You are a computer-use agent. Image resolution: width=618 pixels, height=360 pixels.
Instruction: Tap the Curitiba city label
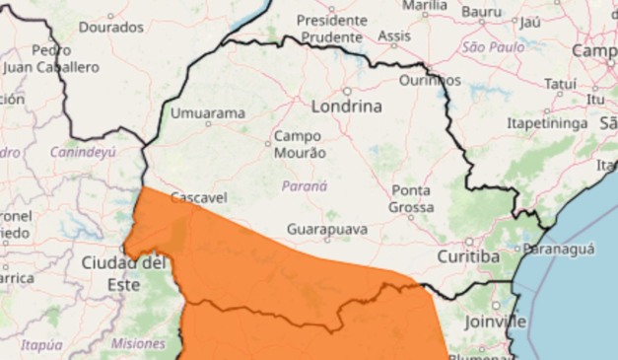coord(467,256)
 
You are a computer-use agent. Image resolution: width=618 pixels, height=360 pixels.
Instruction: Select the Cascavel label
coord(198,198)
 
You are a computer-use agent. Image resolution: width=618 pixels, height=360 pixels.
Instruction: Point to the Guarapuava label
coord(327,229)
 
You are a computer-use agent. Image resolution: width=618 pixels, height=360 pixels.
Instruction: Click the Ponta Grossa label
coord(411,198)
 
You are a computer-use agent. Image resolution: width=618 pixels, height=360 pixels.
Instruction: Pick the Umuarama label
coord(208,113)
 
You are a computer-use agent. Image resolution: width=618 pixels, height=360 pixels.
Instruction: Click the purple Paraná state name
coord(305,184)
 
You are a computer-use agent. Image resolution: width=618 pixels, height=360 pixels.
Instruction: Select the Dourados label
coord(110,28)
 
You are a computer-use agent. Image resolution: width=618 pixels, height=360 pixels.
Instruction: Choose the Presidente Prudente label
coord(331,29)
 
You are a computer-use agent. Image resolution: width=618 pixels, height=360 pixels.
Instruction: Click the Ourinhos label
coord(431,79)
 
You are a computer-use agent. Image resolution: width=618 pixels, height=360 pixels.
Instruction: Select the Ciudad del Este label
coord(124,273)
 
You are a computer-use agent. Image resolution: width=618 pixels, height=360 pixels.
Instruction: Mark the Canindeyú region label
coord(84,152)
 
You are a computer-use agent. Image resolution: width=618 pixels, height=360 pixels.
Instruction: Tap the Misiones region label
coord(139,343)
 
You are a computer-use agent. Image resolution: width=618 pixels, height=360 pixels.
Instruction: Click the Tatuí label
coord(560,85)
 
